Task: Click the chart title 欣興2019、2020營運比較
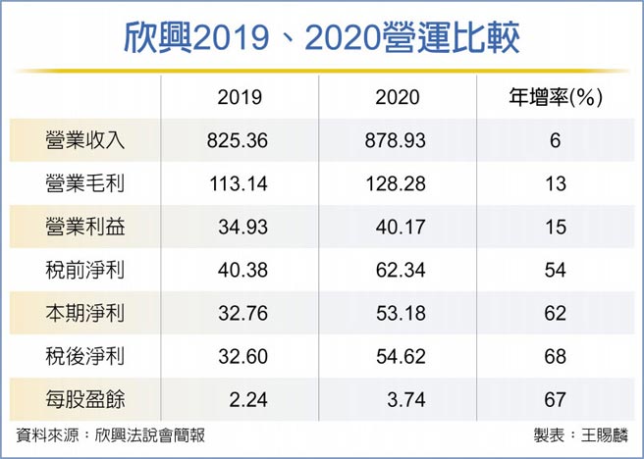321,37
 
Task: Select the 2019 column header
238,97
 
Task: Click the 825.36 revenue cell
238,140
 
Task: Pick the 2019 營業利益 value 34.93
241,227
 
